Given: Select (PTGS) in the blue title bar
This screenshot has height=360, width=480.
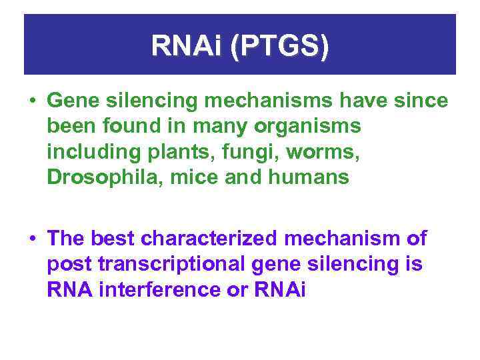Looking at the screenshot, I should click(x=279, y=46).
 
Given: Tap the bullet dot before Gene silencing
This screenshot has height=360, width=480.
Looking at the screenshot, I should click(x=31, y=101).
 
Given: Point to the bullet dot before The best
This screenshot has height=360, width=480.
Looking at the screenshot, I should click(x=31, y=239).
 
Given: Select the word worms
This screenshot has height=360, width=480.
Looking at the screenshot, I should click(x=301, y=152).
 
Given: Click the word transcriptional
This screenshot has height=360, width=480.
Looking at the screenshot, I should click(x=173, y=265).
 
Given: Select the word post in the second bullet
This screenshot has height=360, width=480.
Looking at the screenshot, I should click(x=69, y=265).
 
